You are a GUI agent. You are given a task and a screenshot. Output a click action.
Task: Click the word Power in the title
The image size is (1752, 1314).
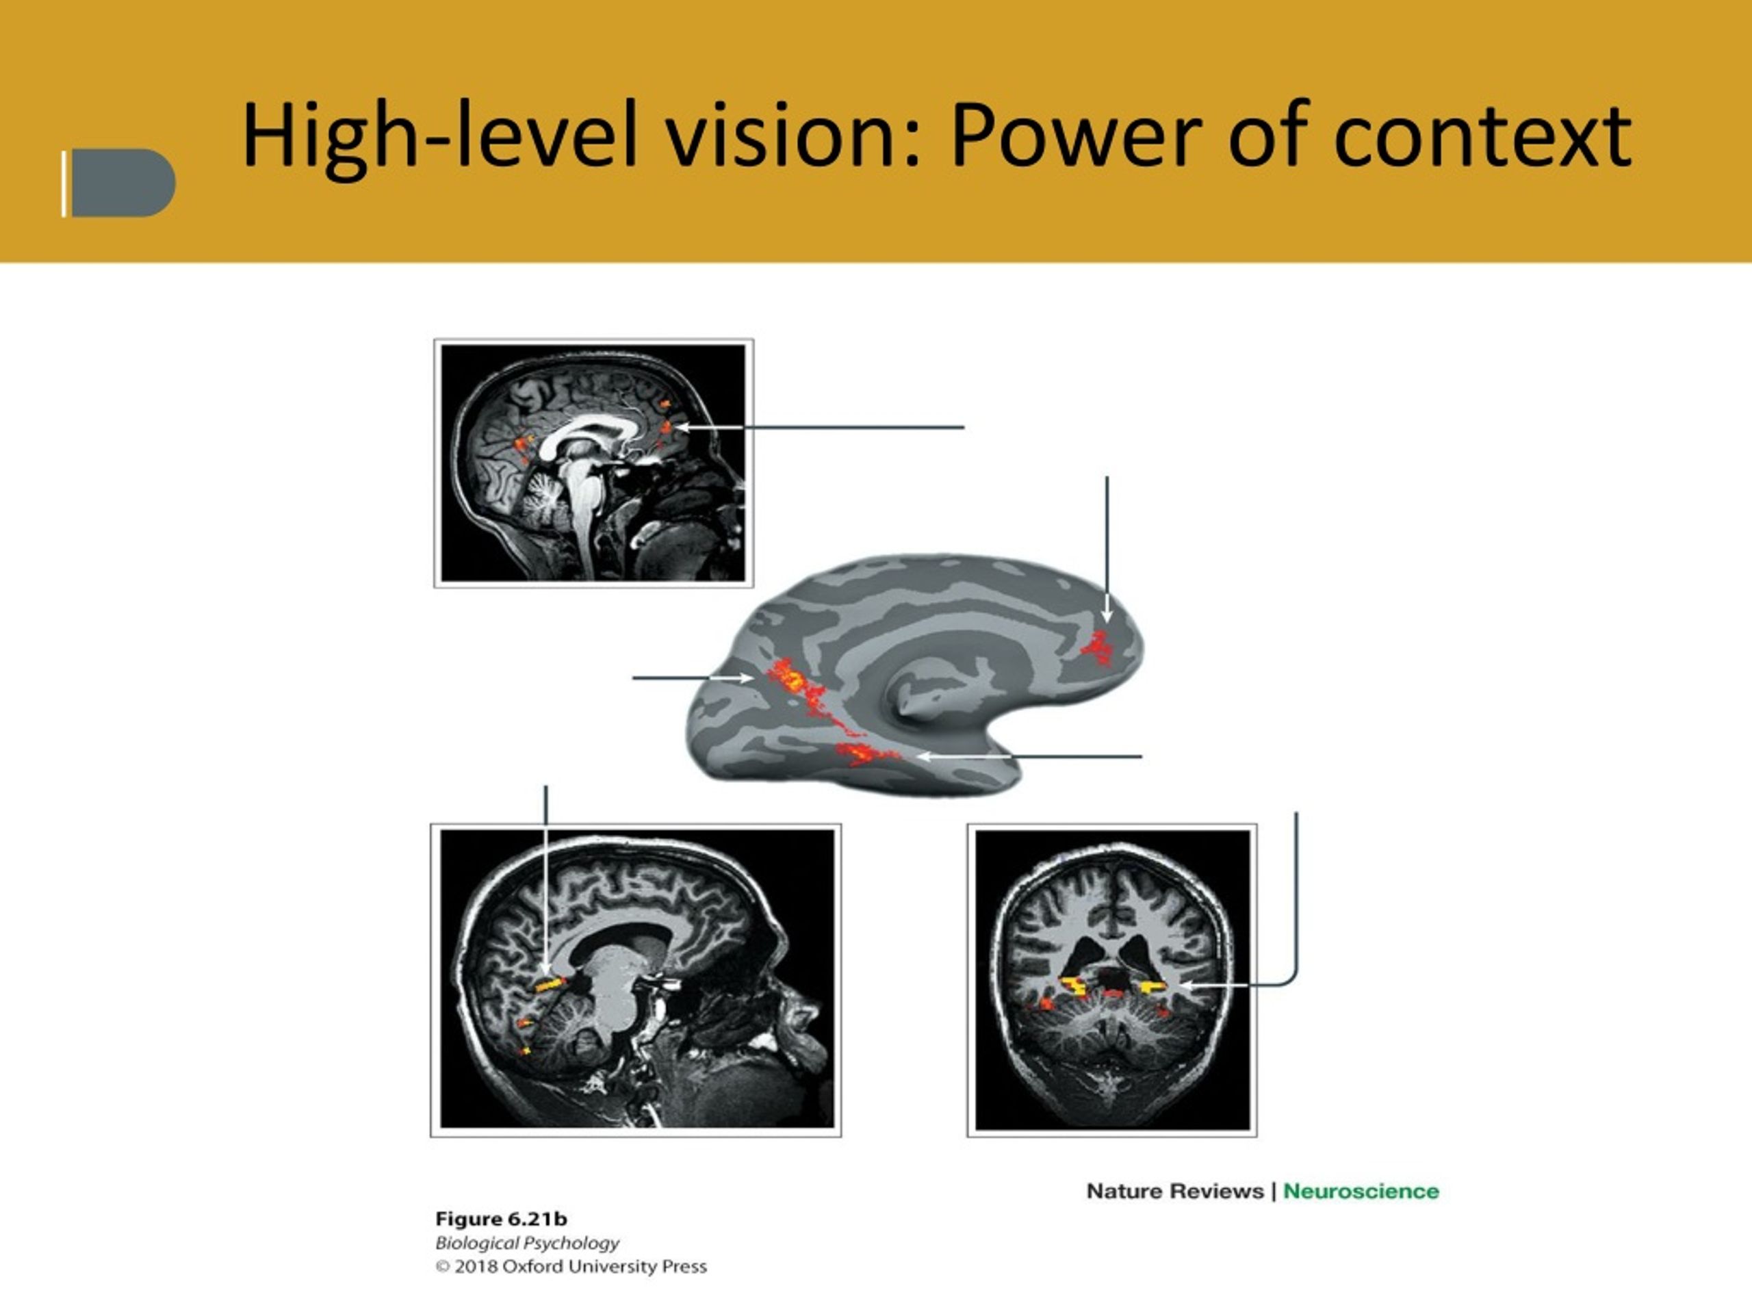1077,136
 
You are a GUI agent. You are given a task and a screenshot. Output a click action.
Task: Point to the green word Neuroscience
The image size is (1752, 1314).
1361,1191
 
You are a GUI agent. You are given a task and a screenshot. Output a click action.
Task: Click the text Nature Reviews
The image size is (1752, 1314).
1174,1191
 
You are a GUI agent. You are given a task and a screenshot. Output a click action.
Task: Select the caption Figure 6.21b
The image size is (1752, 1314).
502,1219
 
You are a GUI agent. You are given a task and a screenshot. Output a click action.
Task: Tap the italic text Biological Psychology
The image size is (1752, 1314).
528,1244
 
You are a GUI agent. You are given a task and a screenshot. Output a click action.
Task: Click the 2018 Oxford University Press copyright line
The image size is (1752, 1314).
571,1267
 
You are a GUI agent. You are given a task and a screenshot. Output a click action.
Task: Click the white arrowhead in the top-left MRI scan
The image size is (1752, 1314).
680,428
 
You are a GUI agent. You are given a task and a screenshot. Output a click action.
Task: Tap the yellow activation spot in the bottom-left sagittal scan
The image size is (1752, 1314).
550,985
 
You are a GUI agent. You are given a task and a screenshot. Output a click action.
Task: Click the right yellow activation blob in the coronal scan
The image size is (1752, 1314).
1152,987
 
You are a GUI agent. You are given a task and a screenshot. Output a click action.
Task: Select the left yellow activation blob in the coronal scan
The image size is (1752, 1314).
1074,986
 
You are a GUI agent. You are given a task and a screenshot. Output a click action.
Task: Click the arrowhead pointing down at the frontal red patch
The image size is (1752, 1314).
1107,615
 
